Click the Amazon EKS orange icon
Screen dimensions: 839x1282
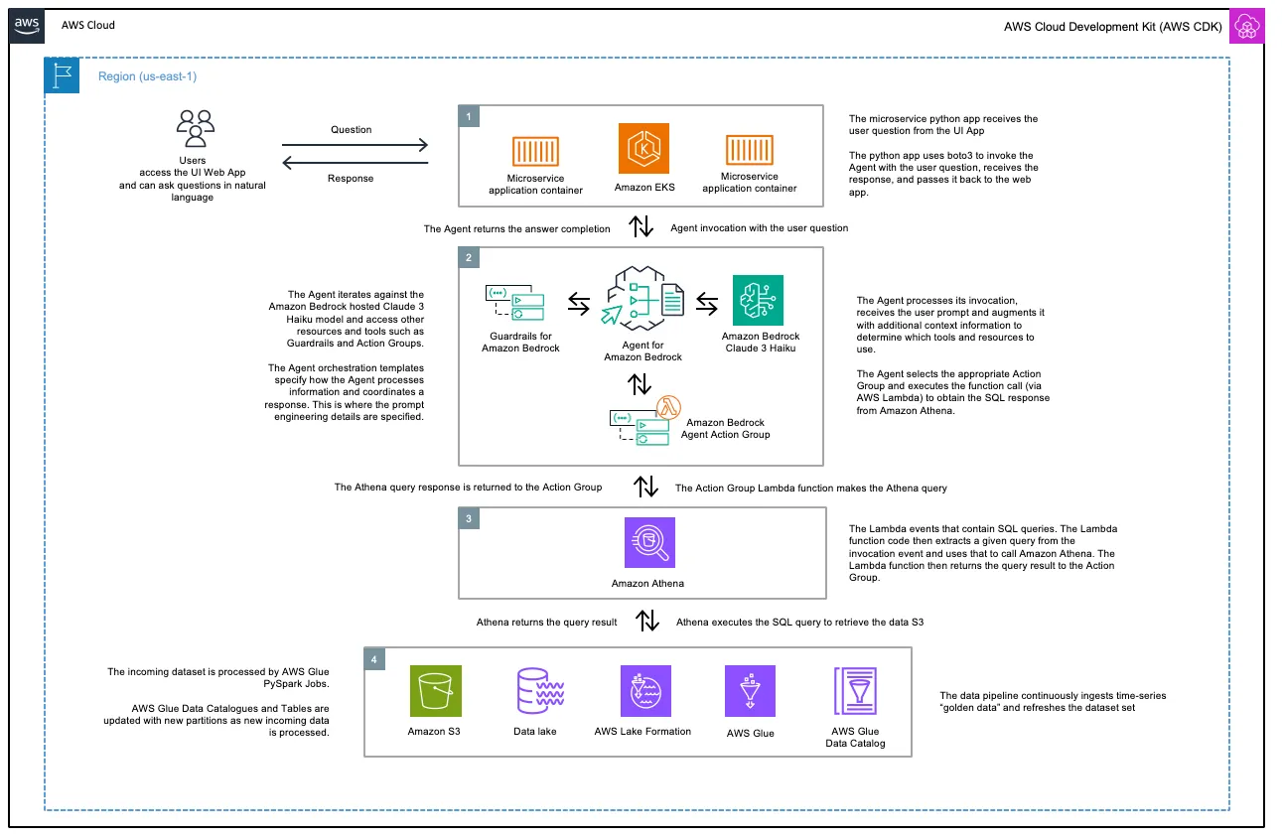[x=643, y=149]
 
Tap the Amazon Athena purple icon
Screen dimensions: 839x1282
[x=647, y=543]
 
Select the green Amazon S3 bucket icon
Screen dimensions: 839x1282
[x=435, y=691]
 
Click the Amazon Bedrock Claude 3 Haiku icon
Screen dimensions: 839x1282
[x=758, y=300]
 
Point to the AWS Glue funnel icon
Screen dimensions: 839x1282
[x=750, y=691]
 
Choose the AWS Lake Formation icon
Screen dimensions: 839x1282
[x=644, y=691]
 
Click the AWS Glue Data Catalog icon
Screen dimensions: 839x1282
[x=856, y=691]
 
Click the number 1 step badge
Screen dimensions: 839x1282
[x=469, y=115]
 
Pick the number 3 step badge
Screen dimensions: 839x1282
[x=469, y=518]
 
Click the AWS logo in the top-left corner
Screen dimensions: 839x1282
[x=27, y=26]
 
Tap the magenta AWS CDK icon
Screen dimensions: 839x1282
[x=1245, y=26]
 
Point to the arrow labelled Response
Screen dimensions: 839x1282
[x=351, y=164]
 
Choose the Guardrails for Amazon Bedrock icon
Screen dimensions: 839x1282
[x=514, y=308]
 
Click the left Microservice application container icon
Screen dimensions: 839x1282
[x=535, y=151]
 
